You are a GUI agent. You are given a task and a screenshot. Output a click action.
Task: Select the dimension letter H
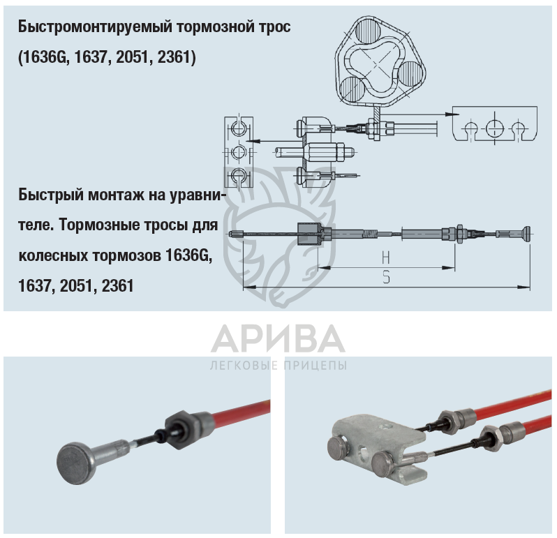[x=386, y=257]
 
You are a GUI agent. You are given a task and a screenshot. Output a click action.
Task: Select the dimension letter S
[x=387, y=277]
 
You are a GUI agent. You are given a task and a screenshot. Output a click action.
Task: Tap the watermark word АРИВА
[x=278, y=338]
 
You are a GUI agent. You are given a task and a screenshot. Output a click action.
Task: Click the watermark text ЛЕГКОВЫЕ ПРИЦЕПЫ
[x=278, y=366]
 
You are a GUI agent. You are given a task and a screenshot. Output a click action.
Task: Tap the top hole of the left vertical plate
[x=238, y=128]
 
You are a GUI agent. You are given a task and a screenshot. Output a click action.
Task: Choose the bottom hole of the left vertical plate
[x=238, y=174]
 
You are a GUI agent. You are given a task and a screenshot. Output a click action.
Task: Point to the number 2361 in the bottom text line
[x=117, y=286]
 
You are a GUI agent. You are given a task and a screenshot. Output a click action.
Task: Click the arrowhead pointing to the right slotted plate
[x=453, y=114]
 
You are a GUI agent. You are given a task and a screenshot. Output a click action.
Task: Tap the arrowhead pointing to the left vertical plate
[x=251, y=141]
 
